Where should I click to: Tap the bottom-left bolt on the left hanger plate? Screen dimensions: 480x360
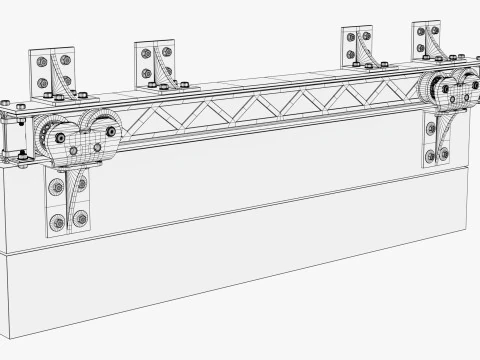click(56, 222)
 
